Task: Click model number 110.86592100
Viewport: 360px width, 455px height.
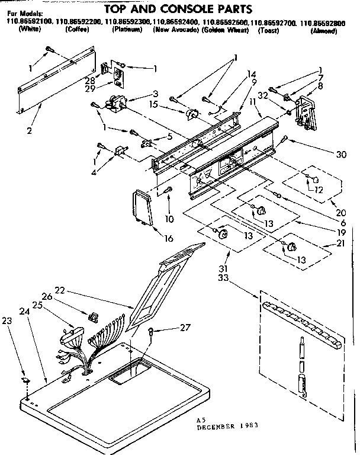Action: [x=29, y=22]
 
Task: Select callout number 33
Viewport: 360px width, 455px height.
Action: [x=223, y=277]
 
